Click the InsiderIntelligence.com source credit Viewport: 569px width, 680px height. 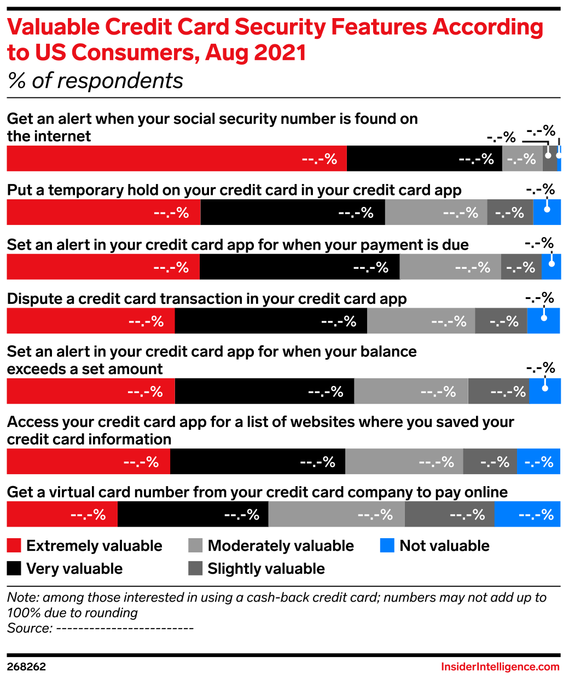pyautogui.click(x=500, y=667)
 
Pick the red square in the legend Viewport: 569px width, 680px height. pyautogui.click(x=14, y=545)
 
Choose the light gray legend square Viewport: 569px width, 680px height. pyautogui.click(x=195, y=545)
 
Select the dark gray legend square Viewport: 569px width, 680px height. pyautogui.click(x=195, y=568)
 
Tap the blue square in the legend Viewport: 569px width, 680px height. pyautogui.click(x=387, y=545)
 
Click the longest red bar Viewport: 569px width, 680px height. pyautogui.click(x=176, y=158)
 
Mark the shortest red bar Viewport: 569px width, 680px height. pyautogui.click(x=62, y=515)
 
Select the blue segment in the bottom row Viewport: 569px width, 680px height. pyautogui.click(x=527, y=515)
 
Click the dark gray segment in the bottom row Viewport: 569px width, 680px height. pyautogui.click(x=449, y=515)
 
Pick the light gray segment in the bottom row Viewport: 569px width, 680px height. pyautogui.click(x=336, y=515)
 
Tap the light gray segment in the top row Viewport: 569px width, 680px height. pyautogui.click(x=522, y=158)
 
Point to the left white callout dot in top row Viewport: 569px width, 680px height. pyautogui.click(x=548, y=155)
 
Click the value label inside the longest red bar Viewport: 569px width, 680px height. pyautogui.click(x=320, y=159)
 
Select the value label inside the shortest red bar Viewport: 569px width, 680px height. pyautogui.click(x=88, y=515)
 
